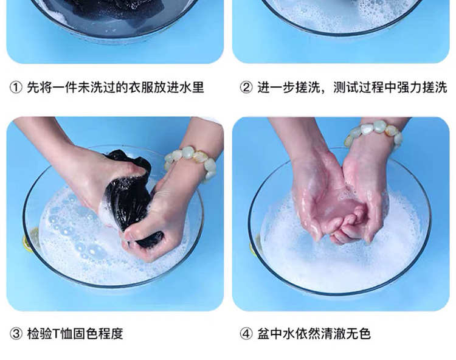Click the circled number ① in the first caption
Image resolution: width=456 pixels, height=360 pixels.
pyautogui.click(x=16, y=88)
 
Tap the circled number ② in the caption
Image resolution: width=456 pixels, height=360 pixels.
pyautogui.click(x=246, y=88)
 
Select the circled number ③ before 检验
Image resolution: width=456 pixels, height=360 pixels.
pyautogui.click(x=16, y=334)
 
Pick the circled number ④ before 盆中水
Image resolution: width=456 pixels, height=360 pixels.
pyautogui.click(x=246, y=334)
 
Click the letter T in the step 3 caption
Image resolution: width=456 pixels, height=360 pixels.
pyautogui.click(x=57, y=334)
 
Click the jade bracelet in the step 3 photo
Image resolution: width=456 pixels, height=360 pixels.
pyautogui.click(x=192, y=162)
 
